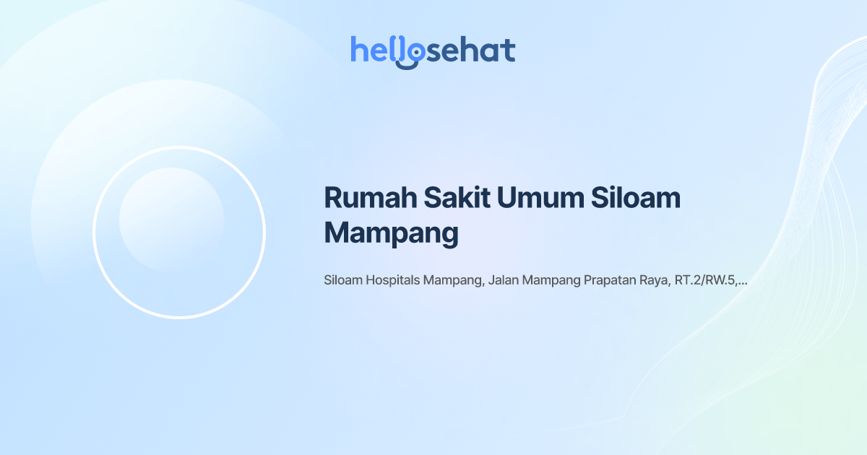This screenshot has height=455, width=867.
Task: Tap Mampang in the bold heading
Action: (x=392, y=233)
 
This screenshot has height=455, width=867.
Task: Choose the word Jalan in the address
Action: (x=504, y=280)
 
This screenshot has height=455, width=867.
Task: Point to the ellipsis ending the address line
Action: (x=743, y=282)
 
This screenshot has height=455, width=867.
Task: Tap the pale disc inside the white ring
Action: (x=171, y=220)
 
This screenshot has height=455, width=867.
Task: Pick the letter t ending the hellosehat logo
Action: (x=509, y=50)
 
